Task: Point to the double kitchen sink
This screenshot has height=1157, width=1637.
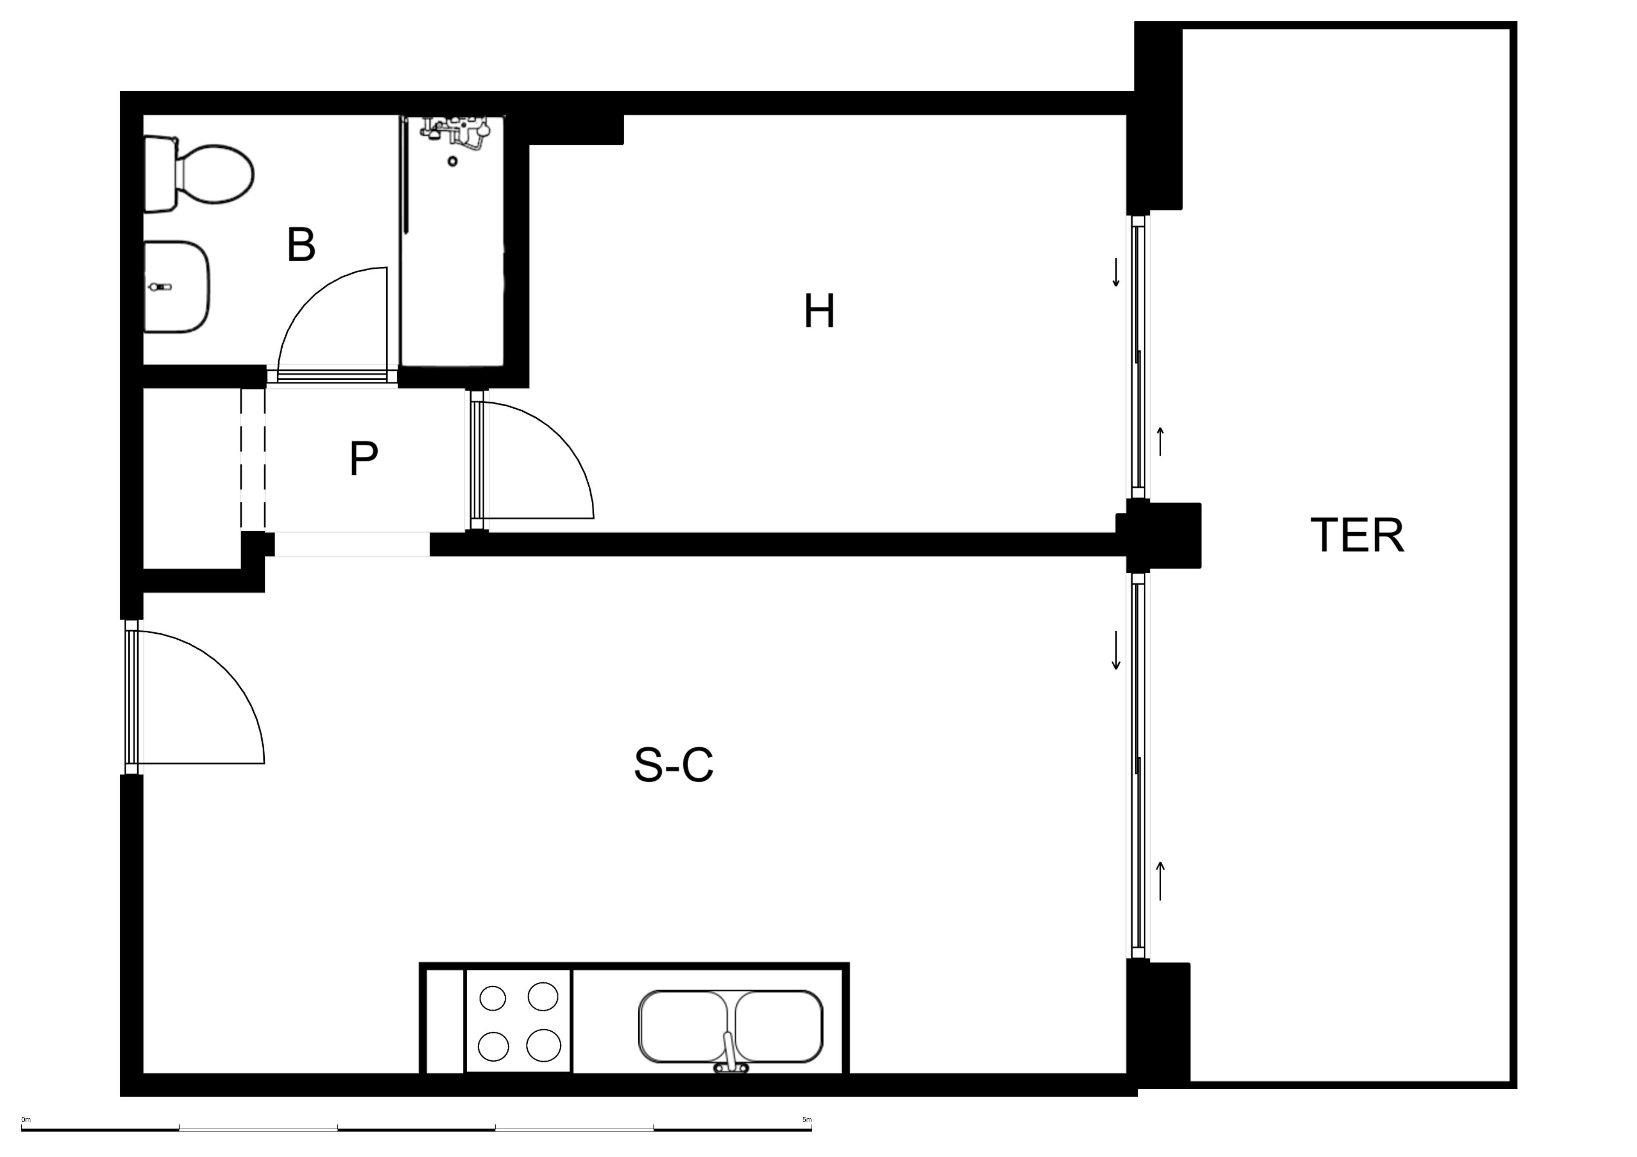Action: pos(731,1027)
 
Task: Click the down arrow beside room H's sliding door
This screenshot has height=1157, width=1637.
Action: pos(1116,272)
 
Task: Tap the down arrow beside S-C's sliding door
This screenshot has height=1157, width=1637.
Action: pos(1116,650)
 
